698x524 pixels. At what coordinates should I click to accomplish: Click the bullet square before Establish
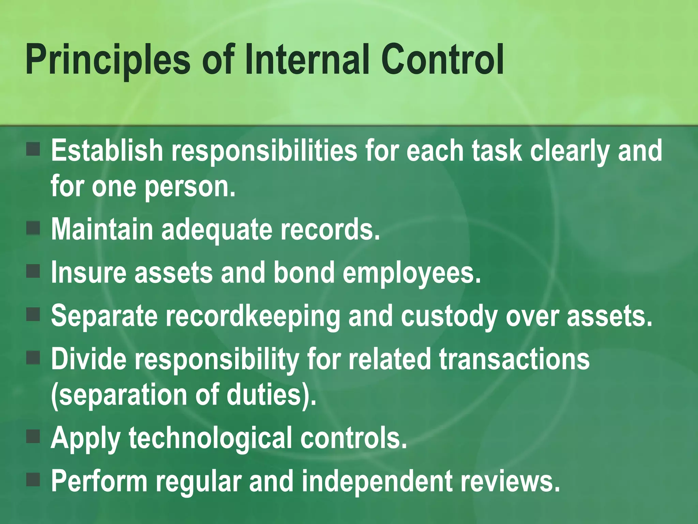(x=33, y=149)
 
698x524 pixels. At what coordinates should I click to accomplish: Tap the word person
(x=190, y=187)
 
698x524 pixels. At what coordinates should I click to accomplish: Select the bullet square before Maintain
(x=33, y=228)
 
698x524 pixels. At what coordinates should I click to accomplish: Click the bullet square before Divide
(x=33, y=358)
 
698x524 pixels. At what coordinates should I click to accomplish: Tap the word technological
(x=210, y=439)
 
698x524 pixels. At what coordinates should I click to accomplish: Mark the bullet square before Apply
(x=33, y=436)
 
